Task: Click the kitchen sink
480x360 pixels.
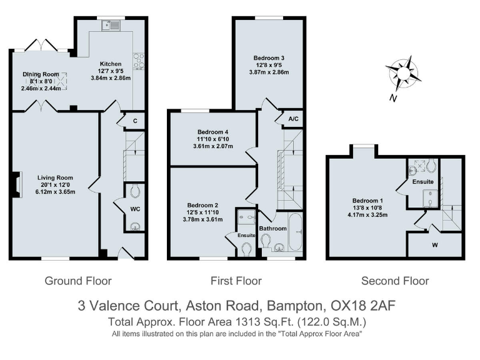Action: click(111, 25)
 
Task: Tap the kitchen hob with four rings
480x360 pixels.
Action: click(139, 62)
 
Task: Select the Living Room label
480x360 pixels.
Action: click(55, 177)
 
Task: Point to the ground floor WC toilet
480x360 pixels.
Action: click(135, 191)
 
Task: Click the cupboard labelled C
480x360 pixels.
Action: click(135, 121)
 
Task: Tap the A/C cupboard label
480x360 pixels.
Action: click(293, 119)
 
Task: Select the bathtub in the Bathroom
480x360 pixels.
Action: click(295, 232)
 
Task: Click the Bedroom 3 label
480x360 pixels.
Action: click(269, 58)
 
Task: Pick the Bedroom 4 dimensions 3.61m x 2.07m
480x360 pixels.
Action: click(213, 146)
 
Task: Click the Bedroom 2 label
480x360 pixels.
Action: click(202, 205)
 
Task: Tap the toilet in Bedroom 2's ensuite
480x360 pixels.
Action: click(246, 249)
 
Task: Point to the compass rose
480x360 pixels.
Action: click(403, 74)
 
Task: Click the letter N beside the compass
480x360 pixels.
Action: click(393, 98)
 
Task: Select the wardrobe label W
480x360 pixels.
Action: click(435, 245)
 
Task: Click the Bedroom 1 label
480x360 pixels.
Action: click(367, 201)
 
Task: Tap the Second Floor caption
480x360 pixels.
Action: click(395, 281)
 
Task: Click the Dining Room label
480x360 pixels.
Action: click(41, 74)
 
